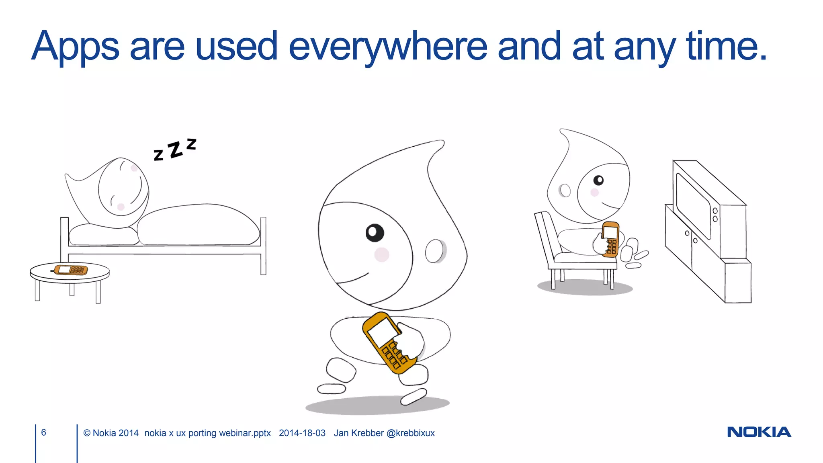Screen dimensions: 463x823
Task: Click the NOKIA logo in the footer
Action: [x=759, y=432]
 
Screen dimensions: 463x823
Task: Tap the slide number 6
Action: [x=43, y=432]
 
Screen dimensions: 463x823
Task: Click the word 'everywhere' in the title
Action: [x=387, y=47]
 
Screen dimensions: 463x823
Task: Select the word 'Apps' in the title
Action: [x=76, y=47]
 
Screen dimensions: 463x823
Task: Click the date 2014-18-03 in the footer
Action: [x=302, y=433]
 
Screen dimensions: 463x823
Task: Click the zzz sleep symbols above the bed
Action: [x=175, y=149]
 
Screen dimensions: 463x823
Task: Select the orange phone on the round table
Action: [x=71, y=269]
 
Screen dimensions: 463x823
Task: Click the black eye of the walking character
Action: [x=375, y=233]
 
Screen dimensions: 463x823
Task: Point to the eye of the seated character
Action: [x=598, y=180]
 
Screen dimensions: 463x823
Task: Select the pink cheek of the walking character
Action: [x=381, y=254]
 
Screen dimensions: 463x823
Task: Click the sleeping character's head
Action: [x=123, y=187]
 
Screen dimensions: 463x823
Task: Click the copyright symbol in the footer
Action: [x=87, y=433]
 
